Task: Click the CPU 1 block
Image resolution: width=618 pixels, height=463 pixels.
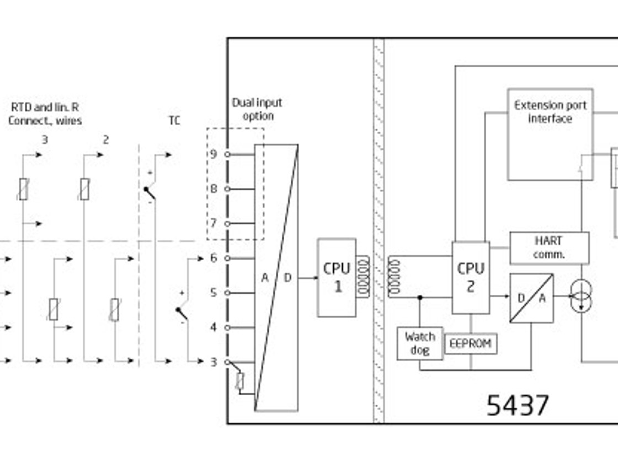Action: pos(337,277)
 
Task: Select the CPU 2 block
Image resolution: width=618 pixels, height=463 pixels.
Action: pos(471,277)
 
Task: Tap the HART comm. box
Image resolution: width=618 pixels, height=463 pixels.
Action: pos(549,248)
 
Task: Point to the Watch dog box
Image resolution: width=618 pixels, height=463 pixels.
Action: pos(420,343)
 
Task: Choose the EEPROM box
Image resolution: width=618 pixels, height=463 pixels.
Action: pos(471,343)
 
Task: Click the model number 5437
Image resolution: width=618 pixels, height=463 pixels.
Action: pos(518,406)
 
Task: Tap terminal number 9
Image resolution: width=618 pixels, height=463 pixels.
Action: pos(214,154)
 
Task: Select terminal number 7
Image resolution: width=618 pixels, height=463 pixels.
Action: pos(214,223)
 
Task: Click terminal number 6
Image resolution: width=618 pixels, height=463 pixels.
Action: pos(214,258)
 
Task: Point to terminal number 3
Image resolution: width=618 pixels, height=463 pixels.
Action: pos(214,362)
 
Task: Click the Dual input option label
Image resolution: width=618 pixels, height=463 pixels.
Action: pos(257,109)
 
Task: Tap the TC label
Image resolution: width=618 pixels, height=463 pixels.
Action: pos(174,121)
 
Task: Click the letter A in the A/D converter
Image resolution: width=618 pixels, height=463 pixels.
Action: pos(265,278)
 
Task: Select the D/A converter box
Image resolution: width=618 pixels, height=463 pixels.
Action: pos(531,298)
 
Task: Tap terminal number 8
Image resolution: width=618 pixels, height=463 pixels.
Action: pos(214,189)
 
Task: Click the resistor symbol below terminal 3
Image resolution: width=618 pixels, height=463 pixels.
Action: pos(239,381)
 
